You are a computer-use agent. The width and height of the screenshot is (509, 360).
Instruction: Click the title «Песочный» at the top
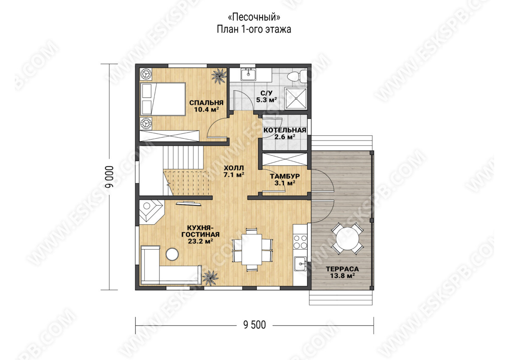[254, 17]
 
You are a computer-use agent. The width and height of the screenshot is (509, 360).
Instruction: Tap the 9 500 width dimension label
[255, 325]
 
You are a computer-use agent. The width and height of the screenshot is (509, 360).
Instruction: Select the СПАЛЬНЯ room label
[206, 103]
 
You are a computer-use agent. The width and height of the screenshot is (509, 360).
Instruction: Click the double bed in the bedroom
[163, 99]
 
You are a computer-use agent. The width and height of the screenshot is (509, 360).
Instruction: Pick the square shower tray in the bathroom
[296, 98]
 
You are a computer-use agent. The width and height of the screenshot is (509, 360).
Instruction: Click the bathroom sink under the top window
[249, 74]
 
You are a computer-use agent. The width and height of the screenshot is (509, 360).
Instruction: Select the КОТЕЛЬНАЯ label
[285, 130]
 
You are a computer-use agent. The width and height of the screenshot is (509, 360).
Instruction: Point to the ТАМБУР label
[285, 176]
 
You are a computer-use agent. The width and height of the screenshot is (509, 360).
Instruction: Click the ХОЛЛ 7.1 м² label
[234, 172]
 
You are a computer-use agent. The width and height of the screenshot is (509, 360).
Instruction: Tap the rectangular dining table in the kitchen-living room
[252, 249]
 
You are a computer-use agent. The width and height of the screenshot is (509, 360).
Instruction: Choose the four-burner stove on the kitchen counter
[300, 242]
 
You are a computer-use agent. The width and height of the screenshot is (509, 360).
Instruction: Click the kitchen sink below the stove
[300, 264]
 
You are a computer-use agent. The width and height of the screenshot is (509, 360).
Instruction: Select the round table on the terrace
[347, 239]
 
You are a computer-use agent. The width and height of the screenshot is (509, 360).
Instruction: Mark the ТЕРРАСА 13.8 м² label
[342, 272]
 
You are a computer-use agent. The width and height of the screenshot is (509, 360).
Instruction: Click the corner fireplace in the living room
[151, 212]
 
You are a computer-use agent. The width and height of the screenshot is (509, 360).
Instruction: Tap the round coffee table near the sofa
[172, 254]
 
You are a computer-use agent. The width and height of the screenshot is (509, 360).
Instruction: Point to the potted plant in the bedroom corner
[219, 76]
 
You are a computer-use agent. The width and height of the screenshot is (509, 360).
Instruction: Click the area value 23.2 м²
[200, 241]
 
